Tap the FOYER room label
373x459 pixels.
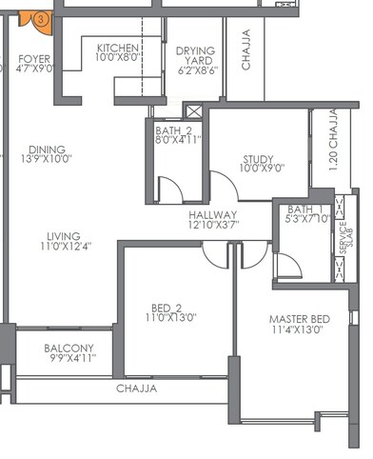pos(34,59)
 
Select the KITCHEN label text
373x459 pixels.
pos(118,49)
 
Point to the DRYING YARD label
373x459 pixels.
pos(196,51)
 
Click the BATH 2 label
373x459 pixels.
pos(174,130)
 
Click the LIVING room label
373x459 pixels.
pos(62,236)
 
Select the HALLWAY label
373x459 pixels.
pos(213,216)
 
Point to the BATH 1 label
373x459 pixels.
pos(305,210)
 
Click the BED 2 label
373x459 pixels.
pos(167,307)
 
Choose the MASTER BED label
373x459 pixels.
pos(300,318)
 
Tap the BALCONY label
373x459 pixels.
pos(69,348)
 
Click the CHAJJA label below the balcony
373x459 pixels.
pos(136,389)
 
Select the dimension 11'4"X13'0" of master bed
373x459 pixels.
pos(297,329)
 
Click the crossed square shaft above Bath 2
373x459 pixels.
pos(194,110)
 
